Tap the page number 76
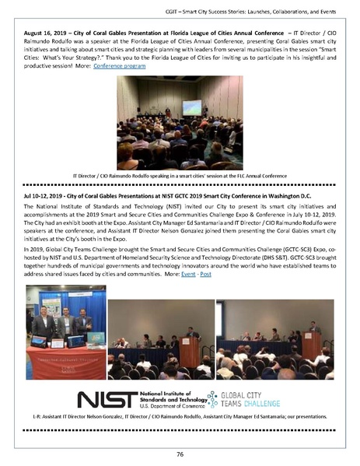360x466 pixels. pyautogui.click(x=180, y=454)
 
